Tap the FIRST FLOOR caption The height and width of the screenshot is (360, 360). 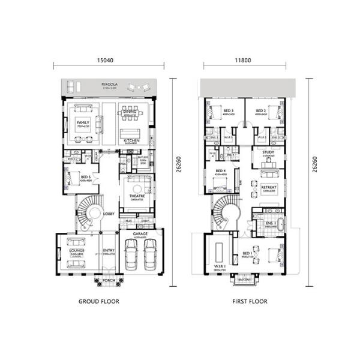250,301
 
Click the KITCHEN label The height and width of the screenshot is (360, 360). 132,141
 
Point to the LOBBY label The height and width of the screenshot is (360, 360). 109,214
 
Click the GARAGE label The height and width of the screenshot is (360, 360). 140,233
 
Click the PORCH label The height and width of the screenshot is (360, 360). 109,280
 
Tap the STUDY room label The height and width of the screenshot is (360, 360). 268,152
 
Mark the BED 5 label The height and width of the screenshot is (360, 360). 86,177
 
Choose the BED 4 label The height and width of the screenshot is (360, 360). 221,172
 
